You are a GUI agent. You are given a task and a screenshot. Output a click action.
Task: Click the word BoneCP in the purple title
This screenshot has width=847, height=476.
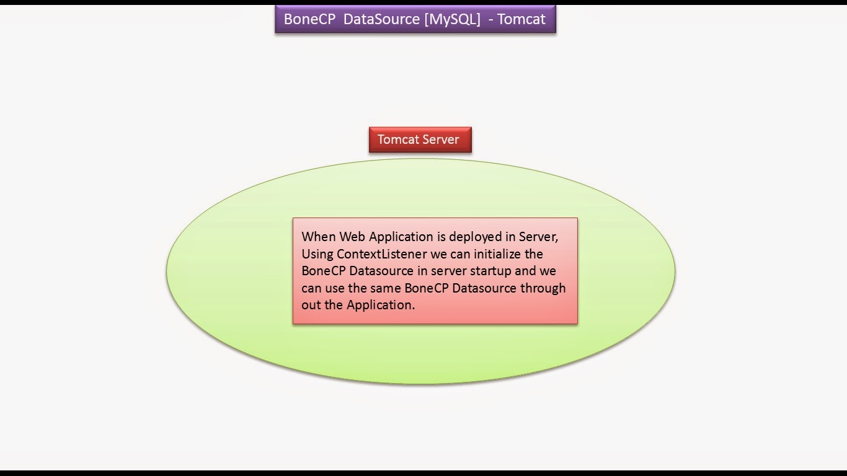click(309, 19)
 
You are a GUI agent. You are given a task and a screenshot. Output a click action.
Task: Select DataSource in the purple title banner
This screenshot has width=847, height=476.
click(381, 19)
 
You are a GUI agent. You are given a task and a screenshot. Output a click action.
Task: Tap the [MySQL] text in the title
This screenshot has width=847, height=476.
click(452, 19)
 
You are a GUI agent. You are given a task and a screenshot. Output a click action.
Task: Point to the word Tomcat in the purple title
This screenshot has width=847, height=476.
click(521, 19)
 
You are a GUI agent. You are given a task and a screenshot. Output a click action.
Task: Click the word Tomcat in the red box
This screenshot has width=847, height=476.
click(398, 139)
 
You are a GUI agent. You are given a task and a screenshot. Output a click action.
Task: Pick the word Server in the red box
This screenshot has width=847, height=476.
click(441, 139)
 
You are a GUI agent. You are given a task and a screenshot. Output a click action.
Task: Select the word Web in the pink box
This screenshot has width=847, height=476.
click(352, 237)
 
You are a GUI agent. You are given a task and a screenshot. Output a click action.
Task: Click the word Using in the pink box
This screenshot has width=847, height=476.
click(317, 255)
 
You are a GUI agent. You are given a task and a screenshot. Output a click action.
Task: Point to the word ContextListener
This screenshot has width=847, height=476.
click(381, 253)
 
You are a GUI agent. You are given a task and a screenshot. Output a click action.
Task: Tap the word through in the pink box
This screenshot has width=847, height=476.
click(543, 289)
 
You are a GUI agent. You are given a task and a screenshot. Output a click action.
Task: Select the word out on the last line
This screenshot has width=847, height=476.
click(311, 305)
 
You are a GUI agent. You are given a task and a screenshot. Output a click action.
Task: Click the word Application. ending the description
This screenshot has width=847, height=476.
click(381, 306)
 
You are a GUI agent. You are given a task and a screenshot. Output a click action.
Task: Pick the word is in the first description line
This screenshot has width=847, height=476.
click(441, 237)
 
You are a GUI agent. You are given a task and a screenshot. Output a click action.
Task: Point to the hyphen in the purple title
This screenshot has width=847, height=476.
click(491, 20)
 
